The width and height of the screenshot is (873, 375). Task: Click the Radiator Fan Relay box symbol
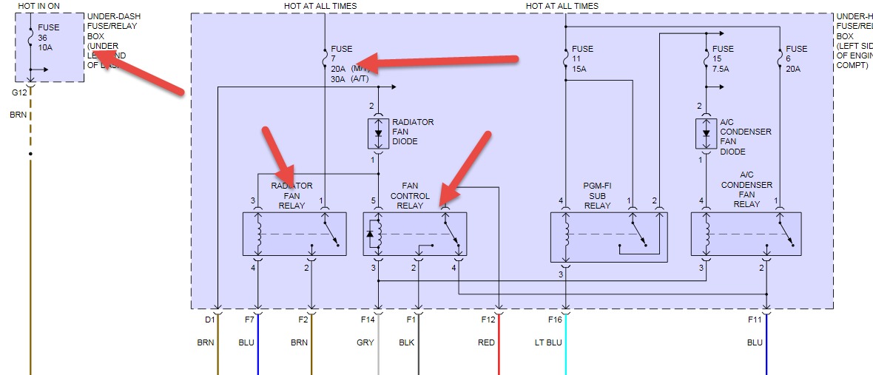tap(294, 234)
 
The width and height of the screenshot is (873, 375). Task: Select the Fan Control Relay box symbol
tap(414, 234)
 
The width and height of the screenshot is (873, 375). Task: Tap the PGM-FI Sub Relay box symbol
tap(608, 237)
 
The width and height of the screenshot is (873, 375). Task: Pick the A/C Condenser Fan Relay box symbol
tap(745, 234)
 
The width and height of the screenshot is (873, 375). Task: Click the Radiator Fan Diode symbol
tap(379, 133)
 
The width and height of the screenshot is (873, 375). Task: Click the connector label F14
tap(368, 320)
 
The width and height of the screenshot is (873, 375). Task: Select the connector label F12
tap(488, 320)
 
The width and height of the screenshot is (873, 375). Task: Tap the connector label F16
tap(554, 320)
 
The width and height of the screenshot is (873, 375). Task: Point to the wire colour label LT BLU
tap(549, 342)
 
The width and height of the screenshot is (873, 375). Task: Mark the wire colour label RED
tap(486, 342)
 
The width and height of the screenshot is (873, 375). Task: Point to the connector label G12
tap(19, 92)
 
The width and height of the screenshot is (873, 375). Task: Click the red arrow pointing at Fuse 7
tap(444, 61)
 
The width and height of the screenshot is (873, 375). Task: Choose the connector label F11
tap(754, 320)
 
